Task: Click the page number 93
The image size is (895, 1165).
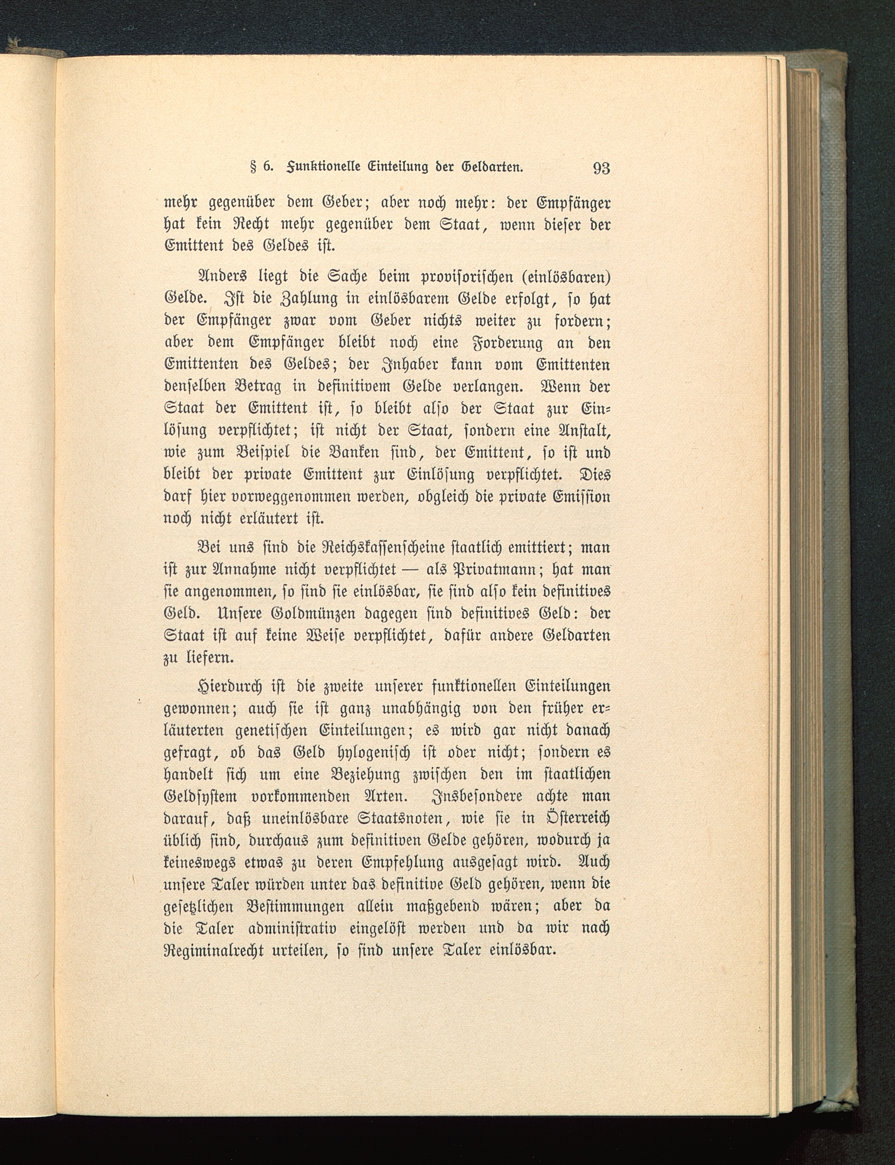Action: pos(601,168)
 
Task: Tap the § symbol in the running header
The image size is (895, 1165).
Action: pos(246,167)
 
